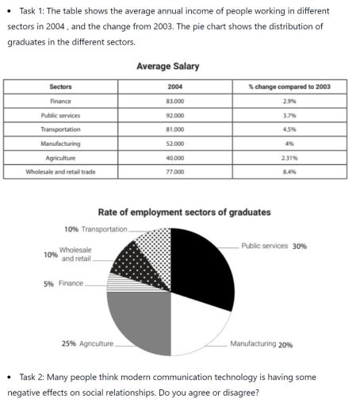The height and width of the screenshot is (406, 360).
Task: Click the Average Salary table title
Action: tap(167, 66)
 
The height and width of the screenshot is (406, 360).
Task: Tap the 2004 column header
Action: tap(175, 86)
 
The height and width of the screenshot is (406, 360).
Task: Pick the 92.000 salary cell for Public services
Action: tap(175, 114)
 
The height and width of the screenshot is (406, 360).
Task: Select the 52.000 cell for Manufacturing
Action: tap(175, 143)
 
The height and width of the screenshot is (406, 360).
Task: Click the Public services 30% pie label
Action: tap(274, 246)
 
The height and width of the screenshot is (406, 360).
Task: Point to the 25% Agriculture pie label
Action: tap(87, 343)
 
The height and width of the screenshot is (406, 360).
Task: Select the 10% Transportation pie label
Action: tap(94, 228)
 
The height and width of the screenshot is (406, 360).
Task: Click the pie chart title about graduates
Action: tap(183, 212)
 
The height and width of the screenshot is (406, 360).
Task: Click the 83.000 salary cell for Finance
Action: tap(175, 100)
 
